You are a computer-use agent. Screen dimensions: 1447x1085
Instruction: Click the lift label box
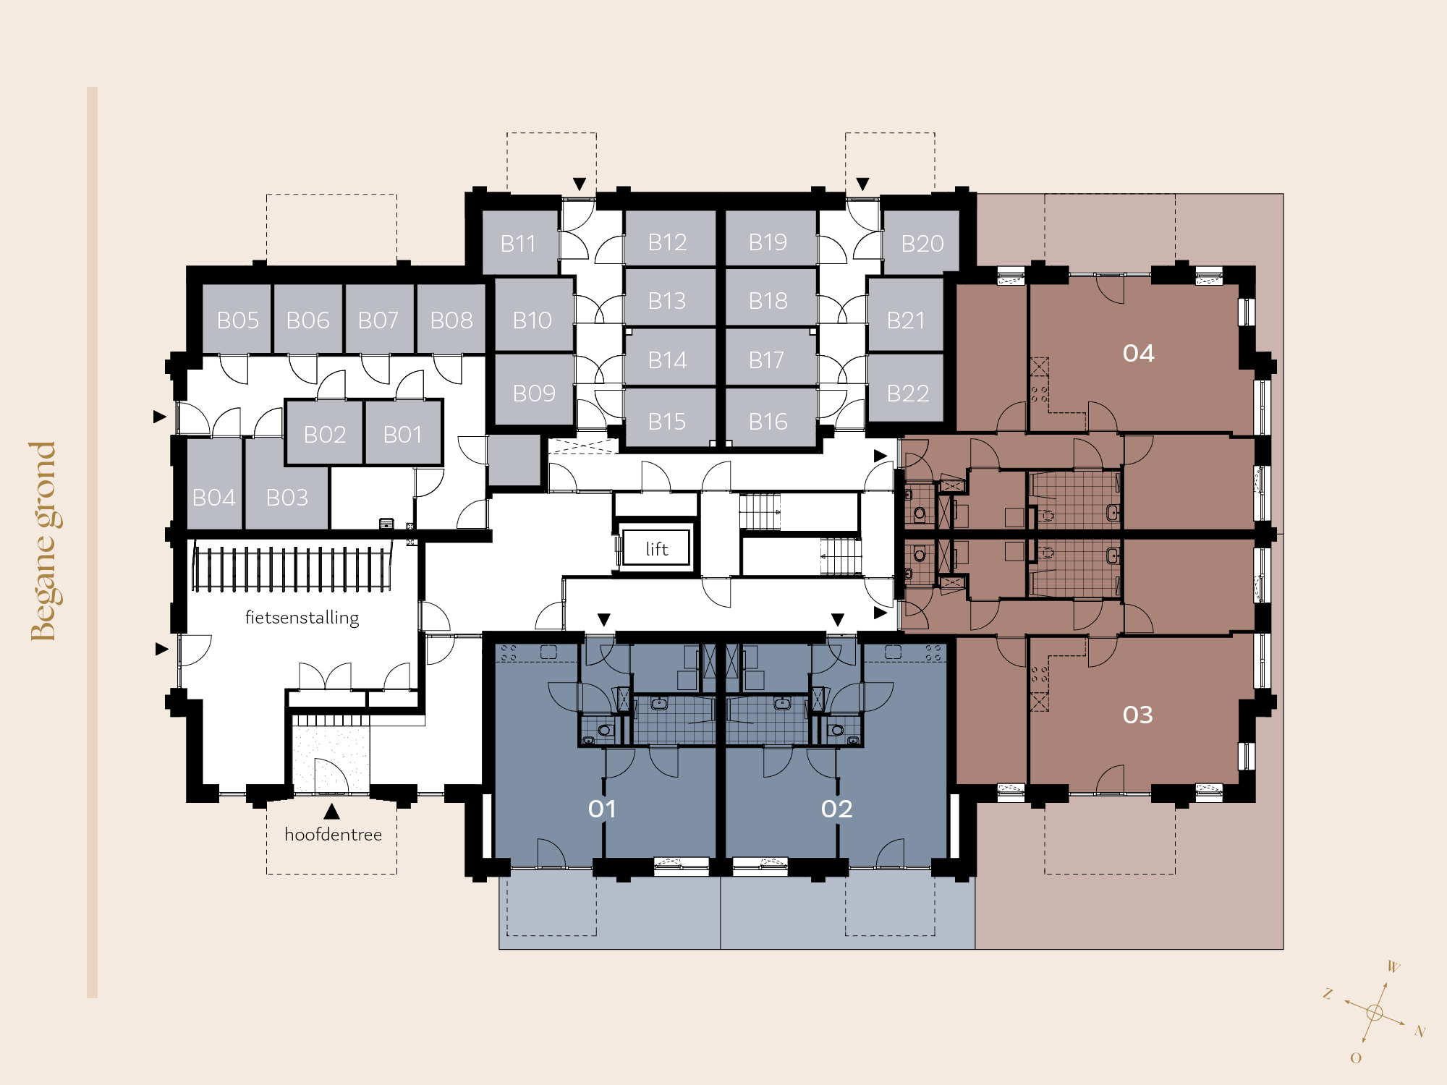[656, 548]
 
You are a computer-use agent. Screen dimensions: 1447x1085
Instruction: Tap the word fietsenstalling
[302, 618]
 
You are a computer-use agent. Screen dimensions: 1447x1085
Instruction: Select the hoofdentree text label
[333, 835]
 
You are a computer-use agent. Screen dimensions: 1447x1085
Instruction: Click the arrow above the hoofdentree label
[331, 811]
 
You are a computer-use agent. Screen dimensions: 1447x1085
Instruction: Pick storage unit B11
[519, 242]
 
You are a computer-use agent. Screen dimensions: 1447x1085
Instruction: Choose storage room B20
[922, 242]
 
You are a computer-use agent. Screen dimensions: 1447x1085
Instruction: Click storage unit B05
[237, 319]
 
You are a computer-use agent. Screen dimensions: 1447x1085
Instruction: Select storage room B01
[402, 433]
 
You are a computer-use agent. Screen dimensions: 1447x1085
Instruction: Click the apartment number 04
[1138, 353]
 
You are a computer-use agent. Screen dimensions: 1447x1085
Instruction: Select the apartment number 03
[1138, 715]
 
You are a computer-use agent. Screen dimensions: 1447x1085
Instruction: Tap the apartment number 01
[602, 809]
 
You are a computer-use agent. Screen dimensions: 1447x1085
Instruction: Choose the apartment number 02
[837, 809]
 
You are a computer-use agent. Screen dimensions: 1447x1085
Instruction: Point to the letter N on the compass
[1420, 1031]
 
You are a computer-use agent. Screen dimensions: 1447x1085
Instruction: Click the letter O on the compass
[1356, 1058]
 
